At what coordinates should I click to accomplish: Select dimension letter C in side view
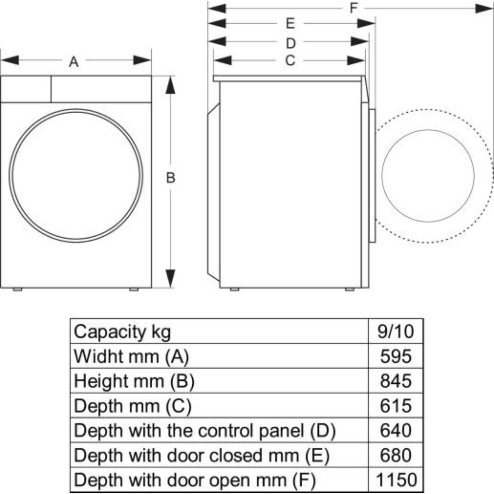[290, 61]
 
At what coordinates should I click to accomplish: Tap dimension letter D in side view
[290, 43]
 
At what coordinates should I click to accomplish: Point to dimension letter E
[290, 24]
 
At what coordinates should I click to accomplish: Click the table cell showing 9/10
[395, 332]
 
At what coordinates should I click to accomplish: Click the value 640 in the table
[395, 431]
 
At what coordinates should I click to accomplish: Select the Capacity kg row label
[122, 332]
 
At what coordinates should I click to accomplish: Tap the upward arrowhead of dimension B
[170, 86]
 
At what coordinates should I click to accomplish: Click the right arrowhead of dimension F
[483, 9]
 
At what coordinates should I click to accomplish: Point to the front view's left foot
[17, 289]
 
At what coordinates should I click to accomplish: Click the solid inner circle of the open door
[428, 176]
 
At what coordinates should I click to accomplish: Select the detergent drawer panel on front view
[26, 89]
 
